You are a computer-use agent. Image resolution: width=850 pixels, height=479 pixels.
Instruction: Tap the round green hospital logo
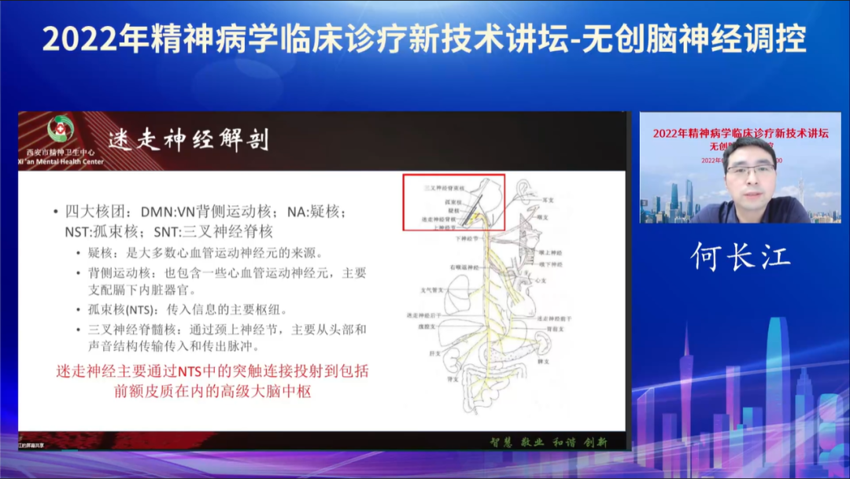click(61, 128)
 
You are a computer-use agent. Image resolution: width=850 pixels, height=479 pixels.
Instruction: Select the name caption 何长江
click(741, 256)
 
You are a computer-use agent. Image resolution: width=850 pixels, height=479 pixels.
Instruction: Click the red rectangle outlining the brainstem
click(454, 202)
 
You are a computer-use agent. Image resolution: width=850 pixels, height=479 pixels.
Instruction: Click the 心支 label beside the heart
click(540, 280)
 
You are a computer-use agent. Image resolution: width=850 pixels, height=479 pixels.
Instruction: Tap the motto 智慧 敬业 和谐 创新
click(549, 442)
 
